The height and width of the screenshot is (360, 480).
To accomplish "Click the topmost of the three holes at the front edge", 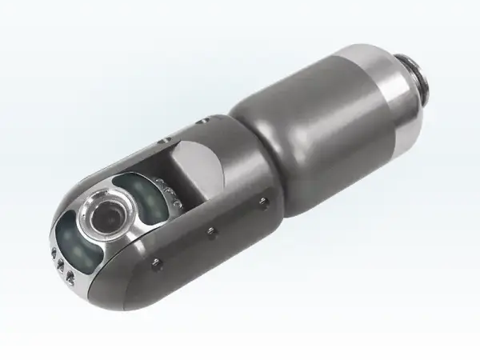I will click(54, 254).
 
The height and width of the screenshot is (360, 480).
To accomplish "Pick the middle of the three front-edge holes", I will click(62, 266).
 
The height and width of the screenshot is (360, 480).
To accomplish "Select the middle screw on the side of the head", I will click(211, 231).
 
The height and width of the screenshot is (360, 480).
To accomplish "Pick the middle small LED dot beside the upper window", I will click(163, 189).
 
